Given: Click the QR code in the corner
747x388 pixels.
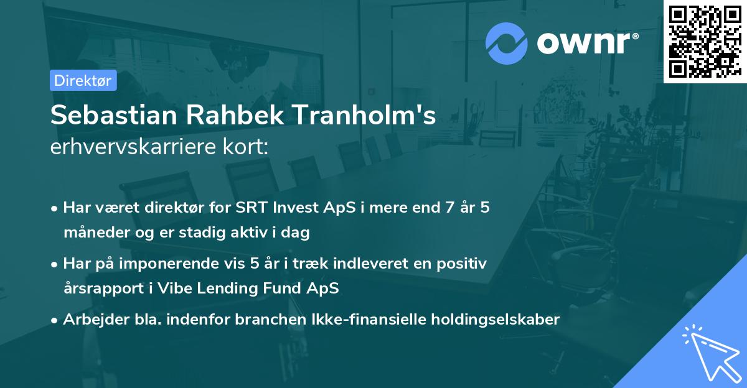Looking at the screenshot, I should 705,42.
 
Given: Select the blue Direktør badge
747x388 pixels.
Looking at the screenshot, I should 83,80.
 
